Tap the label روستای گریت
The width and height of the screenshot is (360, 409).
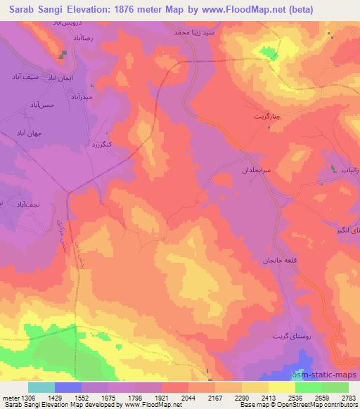pos(288,337)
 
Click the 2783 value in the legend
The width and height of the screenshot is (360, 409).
pos(347,398)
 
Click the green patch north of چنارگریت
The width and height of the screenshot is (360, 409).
pos(267,52)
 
